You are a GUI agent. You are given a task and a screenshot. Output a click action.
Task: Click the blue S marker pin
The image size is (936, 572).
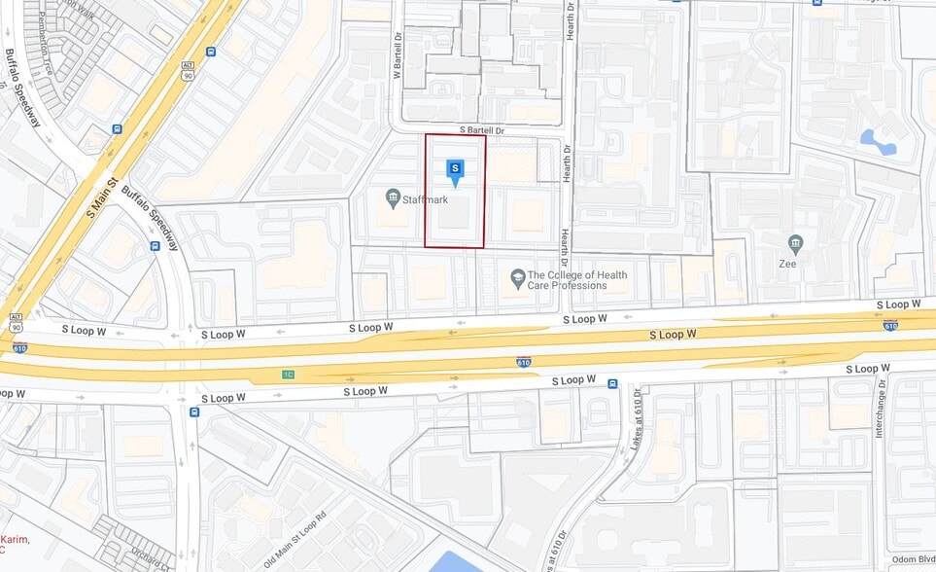point(454,170)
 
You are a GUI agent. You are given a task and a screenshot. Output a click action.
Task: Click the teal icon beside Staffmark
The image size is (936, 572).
point(393,198)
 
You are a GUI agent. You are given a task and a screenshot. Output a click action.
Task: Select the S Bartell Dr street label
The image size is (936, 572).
point(482,130)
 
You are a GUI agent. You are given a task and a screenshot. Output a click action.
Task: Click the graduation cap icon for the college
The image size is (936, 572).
point(518,279)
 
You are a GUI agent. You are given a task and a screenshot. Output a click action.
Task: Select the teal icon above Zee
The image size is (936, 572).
point(796,242)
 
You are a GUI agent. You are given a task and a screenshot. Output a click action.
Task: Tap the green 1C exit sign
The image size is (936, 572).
point(288,374)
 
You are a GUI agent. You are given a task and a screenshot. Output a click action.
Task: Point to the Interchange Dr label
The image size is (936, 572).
point(880,409)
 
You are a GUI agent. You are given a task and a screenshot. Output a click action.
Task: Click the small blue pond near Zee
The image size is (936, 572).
point(879,142)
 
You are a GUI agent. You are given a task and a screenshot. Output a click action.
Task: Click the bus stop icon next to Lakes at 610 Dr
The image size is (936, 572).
point(612,383)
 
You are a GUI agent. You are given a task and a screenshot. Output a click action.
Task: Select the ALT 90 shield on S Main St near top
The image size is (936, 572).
point(188,69)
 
